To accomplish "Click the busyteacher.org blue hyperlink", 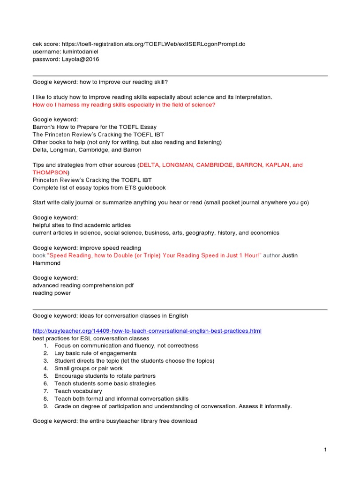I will point(147,331).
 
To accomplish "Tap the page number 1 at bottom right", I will point(325,450).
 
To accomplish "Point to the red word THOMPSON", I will point(50,172).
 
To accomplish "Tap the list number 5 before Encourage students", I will point(46,376).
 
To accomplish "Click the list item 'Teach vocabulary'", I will point(78,391).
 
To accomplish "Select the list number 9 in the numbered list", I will point(46,406).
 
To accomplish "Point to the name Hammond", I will point(46,263).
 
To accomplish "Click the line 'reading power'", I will point(52,293).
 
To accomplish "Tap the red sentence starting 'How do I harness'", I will point(124,105).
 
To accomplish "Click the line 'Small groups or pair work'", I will point(89,368).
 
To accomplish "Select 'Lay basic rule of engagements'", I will point(95,353).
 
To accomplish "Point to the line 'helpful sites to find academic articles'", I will point(82,225).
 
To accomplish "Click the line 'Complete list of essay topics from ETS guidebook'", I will point(99,187).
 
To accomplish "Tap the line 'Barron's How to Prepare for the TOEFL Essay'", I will point(94,127).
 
